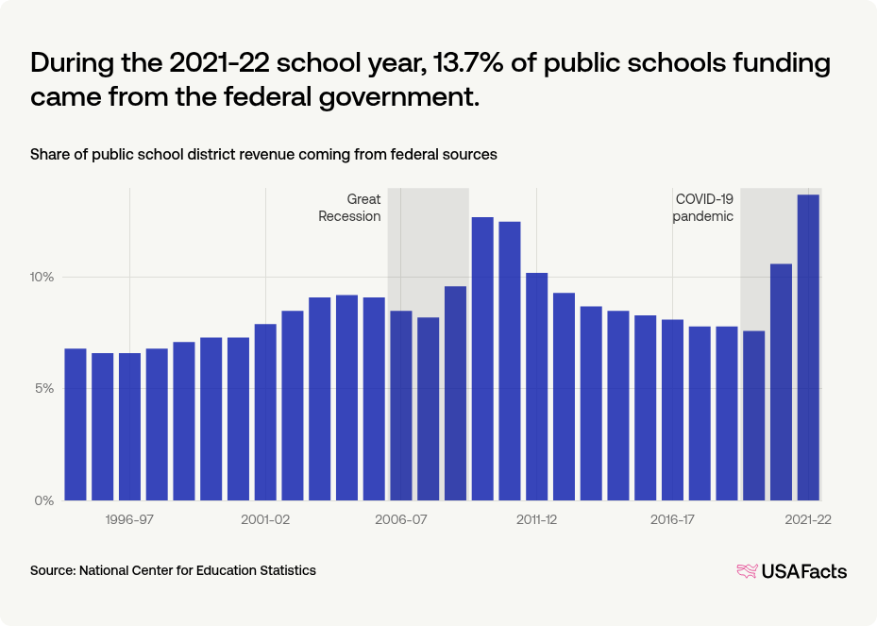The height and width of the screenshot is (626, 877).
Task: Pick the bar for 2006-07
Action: (x=400, y=405)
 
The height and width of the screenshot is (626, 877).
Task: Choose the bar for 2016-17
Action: (x=672, y=410)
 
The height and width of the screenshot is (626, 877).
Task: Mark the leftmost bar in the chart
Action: (x=76, y=424)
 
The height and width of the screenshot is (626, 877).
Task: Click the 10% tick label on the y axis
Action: (x=42, y=278)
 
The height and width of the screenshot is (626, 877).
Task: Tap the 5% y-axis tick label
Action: (x=45, y=389)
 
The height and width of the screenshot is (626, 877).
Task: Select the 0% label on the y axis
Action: (x=45, y=500)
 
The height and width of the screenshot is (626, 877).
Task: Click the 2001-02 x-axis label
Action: (x=265, y=520)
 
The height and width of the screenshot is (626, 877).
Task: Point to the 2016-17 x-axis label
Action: (x=672, y=520)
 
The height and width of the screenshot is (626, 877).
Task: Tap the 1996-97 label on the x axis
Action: (x=129, y=520)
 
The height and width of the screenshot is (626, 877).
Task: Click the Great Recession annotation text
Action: (x=350, y=208)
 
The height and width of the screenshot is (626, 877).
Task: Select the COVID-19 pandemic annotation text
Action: (x=703, y=208)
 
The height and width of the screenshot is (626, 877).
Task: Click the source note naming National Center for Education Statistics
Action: (x=173, y=570)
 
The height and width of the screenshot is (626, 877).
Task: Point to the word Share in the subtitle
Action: (x=49, y=154)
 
